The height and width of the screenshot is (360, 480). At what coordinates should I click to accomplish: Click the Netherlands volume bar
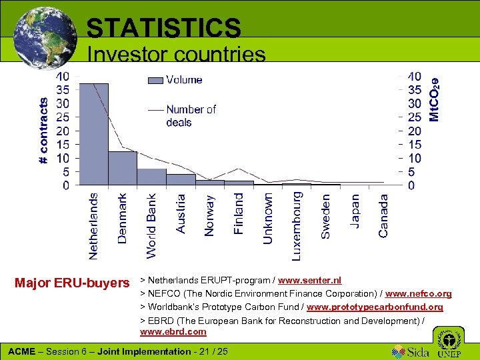pos(93,134)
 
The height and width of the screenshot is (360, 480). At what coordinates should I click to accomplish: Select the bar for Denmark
pos(122,168)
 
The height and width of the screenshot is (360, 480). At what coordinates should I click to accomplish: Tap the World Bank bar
pos(151,177)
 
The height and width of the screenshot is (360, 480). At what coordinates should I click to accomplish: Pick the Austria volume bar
pos(180,179)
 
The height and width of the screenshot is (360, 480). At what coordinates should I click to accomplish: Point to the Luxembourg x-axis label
pos(297,226)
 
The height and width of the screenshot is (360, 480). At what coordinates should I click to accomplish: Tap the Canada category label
pos(383,215)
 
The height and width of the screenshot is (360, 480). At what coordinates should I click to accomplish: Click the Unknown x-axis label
pos(268,219)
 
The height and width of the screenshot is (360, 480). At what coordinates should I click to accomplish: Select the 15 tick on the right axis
pos(414,145)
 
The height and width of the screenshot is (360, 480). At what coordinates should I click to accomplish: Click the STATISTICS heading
pos(163,28)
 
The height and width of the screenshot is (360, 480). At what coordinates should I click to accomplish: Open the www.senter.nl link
pos(310,281)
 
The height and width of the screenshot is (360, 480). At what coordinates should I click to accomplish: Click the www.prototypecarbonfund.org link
pos(375,307)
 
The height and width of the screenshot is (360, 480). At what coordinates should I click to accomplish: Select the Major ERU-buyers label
pos(72,283)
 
